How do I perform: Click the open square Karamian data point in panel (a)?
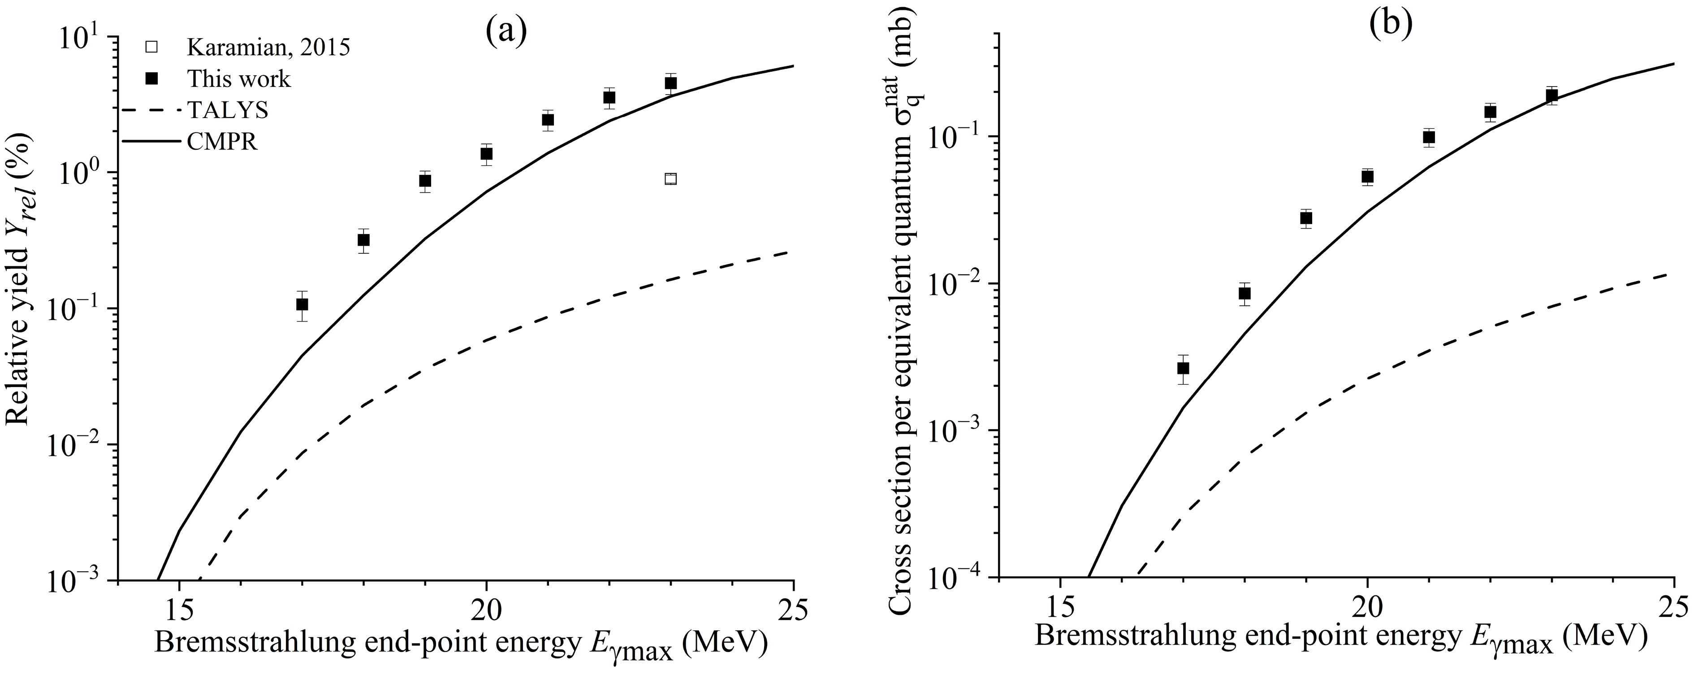coord(670,179)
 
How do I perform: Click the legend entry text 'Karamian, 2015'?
coord(268,48)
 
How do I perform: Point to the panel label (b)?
coord(1390,25)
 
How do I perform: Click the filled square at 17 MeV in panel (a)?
coord(302,304)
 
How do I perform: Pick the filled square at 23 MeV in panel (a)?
coord(670,83)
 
